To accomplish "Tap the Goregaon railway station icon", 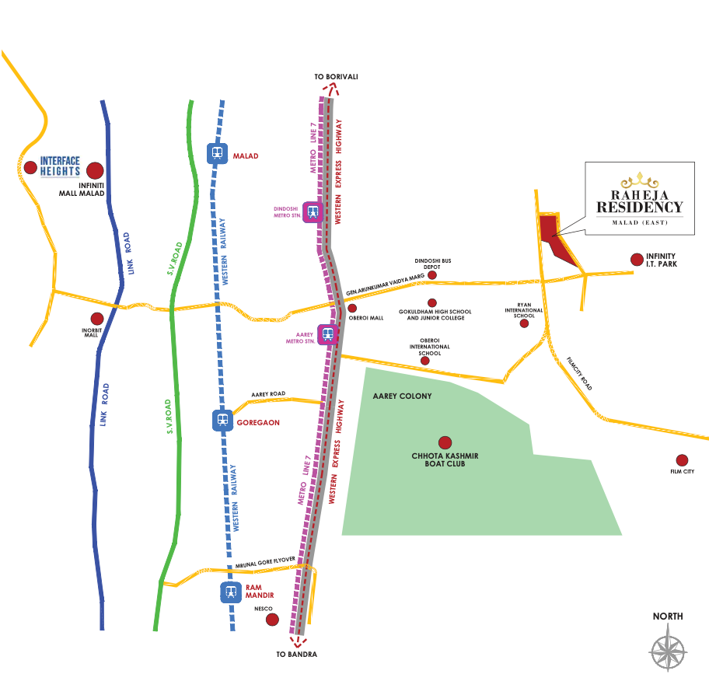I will point(222,421).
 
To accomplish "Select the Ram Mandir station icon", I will point(229,592).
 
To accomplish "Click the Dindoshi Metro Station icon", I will point(313,211).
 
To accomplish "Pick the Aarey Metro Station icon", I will point(329,334).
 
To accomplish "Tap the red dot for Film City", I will point(682,460).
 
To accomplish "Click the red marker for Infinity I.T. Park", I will point(637,260).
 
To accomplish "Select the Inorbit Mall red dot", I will point(97,319).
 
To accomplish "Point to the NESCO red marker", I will point(272,620).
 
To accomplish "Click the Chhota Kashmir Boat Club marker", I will point(445,442).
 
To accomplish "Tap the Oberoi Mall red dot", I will point(352,309).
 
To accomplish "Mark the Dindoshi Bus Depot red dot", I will point(432,274).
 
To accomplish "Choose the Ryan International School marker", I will point(524,323).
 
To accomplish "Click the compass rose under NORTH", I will point(668,648).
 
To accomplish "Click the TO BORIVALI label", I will point(335,76).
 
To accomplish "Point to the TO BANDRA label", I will point(296,655).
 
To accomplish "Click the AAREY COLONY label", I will point(402,396).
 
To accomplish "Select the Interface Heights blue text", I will point(60,166).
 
